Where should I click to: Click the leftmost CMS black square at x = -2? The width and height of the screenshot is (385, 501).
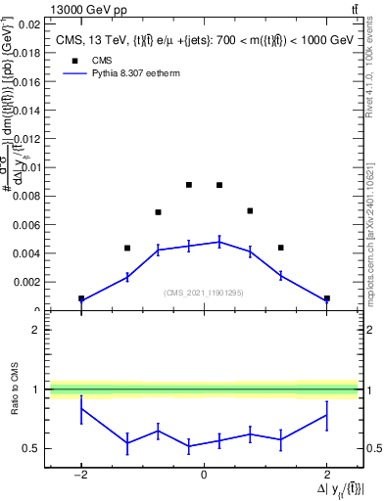[81, 298]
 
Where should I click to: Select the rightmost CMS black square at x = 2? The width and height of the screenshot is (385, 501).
[326, 298]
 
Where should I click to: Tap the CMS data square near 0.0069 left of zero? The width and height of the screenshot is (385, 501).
[158, 212]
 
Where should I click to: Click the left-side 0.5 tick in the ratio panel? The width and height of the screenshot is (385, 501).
[32, 449]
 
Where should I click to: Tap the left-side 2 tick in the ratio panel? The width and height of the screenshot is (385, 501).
[35, 330]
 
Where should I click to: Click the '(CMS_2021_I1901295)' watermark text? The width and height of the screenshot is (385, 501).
[203, 293]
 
